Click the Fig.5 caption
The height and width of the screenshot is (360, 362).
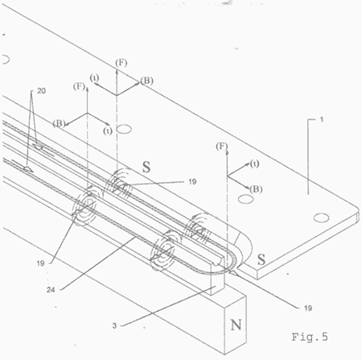pyautogui.click(x=310, y=337)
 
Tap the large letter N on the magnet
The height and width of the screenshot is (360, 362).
pyautogui.click(x=236, y=325)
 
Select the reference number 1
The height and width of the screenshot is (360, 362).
pyautogui.click(x=322, y=119)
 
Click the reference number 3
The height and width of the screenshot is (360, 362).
pyautogui.click(x=114, y=325)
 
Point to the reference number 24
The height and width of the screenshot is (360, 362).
pyautogui.click(x=51, y=290)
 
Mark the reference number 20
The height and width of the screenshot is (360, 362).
pyautogui.click(x=41, y=91)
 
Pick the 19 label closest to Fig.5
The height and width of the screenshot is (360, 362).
pyautogui.click(x=308, y=308)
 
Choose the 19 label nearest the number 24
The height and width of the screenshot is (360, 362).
pyautogui.click(x=40, y=263)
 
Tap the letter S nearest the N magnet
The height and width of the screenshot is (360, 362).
pyautogui.click(x=261, y=259)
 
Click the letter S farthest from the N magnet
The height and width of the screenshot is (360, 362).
pyautogui.click(x=146, y=167)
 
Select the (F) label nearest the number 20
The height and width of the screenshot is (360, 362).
pyautogui.click(x=79, y=86)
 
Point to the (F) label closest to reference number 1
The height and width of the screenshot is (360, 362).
pyautogui.click(x=222, y=147)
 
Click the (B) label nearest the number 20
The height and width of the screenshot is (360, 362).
pyautogui.click(x=59, y=123)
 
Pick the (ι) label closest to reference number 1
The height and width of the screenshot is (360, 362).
pyautogui.click(x=254, y=163)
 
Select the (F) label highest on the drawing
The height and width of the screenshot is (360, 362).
pyautogui.click(x=121, y=63)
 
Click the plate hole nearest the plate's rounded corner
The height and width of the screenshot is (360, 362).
pyautogui.click(x=321, y=217)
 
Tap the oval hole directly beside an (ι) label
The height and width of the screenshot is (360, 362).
pyautogui.click(x=125, y=129)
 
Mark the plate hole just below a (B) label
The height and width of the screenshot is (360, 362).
pyautogui.click(x=246, y=199)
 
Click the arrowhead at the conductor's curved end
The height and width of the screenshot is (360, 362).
pyautogui.click(x=235, y=274)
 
